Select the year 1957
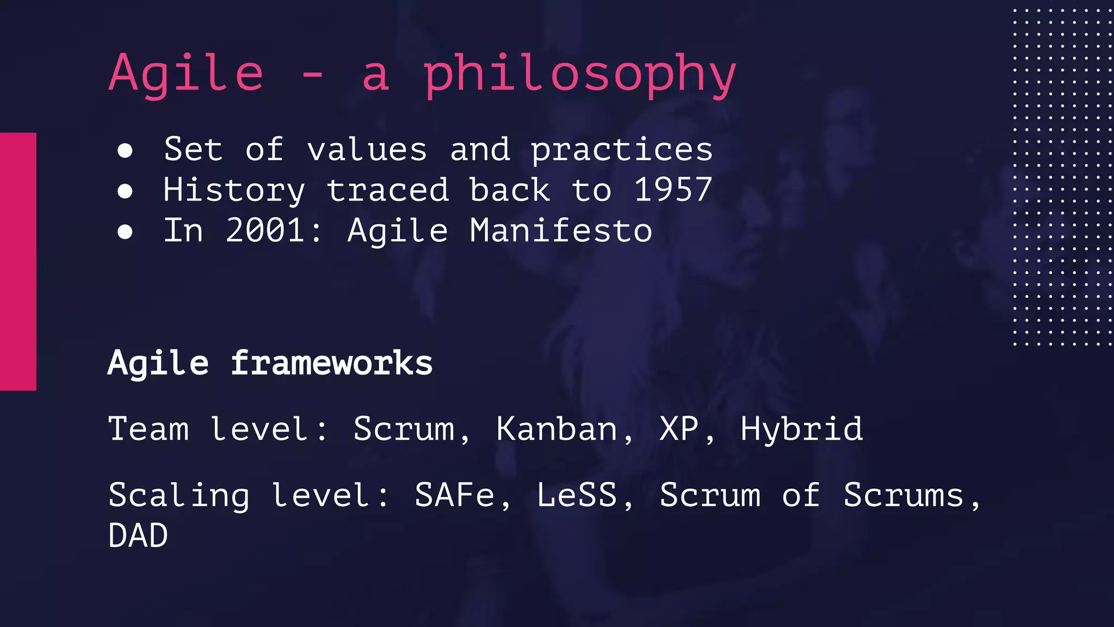click(673, 190)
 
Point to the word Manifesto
click(561, 230)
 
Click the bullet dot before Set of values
click(125, 151)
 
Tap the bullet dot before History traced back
click(125, 191)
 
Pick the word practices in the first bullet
click(621, 150)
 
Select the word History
click(234, 190)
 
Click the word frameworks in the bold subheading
click(331, 363)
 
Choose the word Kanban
click(557, 429)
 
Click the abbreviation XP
click(679, 429)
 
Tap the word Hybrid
click(801, 429)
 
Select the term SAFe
click(455, 495)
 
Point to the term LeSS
click(577, 495)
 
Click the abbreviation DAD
click(138, 536)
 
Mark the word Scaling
click(179, 495)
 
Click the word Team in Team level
click(148, 429)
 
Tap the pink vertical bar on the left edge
click(18, 261)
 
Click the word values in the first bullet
click(367, 150)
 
